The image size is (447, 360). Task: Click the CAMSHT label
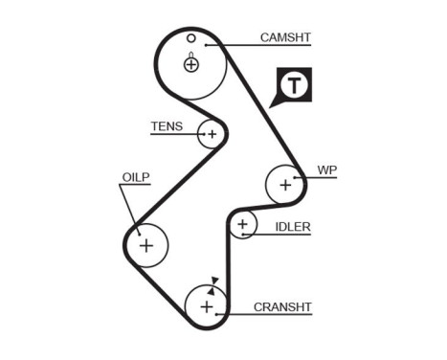click(x=286, y=38)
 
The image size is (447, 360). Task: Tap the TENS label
click(x=165, y=125)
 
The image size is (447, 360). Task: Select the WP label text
click(x=327, y=170)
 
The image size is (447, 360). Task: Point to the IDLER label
click(x=293, y=227)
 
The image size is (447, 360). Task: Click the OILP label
click(x=135, y=176)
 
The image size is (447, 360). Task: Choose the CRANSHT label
click(x=283, y=307)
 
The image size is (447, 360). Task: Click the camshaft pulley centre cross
click(x=191, y=64)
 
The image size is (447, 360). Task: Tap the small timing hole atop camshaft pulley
click(x=191, y=38)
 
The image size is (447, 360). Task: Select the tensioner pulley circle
click(x=211, y=134)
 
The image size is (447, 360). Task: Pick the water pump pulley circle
click(x=284, y=183)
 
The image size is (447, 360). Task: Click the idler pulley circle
click(x=243, y=226)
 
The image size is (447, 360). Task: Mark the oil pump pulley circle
click(x=146, y=245)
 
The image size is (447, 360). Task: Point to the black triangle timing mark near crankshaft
click(x=215, y=281)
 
